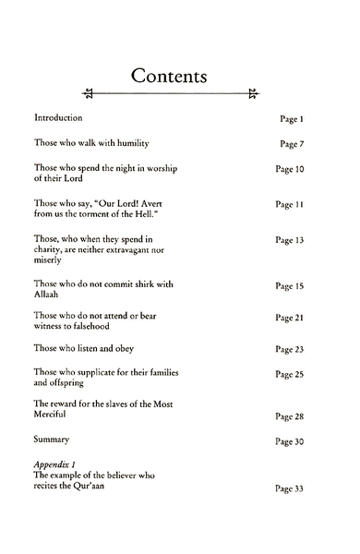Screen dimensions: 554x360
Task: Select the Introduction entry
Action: (x=58, y=118)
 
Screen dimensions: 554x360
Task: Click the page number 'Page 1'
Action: (x=292, y=120)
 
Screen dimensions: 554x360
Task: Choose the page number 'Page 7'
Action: (x=292, y=145)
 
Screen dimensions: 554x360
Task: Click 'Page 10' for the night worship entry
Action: (x=289, y=171)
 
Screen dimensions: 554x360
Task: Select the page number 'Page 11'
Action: (x=289, y=204)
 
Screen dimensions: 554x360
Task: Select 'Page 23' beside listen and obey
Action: (x=289, y=351)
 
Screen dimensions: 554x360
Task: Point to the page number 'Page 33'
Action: (x=289, y=489)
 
